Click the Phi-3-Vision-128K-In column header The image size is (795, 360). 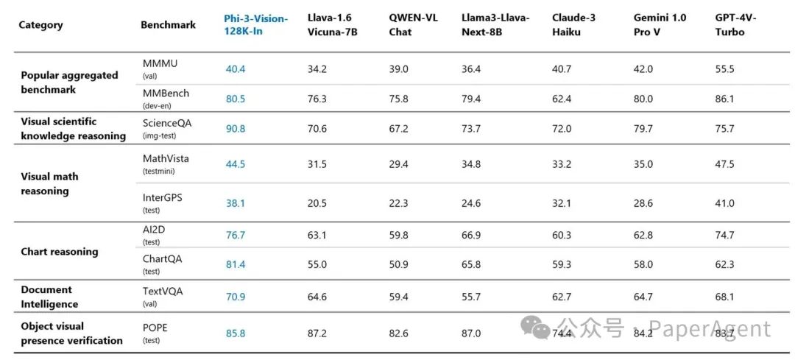[x=255, y=25]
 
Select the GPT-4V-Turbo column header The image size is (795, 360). [x=735, y=25]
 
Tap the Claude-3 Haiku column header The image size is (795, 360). [x=573, y=25]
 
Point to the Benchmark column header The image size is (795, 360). [x=168, y=25]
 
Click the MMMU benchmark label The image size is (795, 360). [x=160, y=64]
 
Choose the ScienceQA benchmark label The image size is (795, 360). [x=167, y=124]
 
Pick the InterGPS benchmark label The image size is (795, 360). [x=163, y=197]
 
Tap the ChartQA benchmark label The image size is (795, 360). [x=162, y=259]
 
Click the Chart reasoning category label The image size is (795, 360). [x=60, y=252]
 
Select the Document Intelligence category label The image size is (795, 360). [x=49, y=297]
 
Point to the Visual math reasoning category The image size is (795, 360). [x=50, y=183]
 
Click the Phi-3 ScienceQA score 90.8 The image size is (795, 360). [x=236, y=129]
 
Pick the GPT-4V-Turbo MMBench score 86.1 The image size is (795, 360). [x=724, y=98]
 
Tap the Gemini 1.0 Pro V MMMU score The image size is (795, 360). [x=643, y=69]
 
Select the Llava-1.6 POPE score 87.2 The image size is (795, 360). [x=317, y=333]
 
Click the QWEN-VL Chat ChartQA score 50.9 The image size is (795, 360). [x=398, y=264]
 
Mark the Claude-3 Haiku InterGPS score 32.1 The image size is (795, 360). [x=562, y=203]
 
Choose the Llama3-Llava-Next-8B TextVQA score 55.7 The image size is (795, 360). [x=471, y=297]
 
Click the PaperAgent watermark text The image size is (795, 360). [x=713, y=328]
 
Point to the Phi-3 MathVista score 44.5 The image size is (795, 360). [x=236, y=164]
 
